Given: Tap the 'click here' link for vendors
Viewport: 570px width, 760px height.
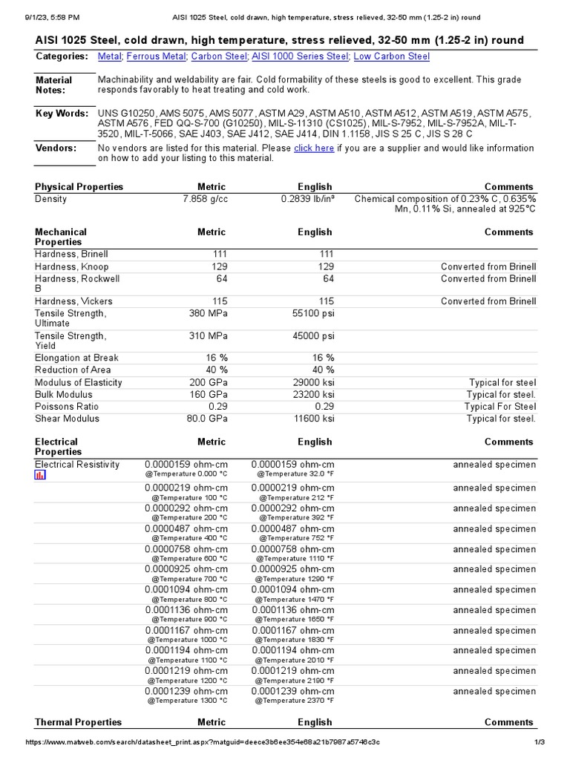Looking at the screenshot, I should click(314, 148).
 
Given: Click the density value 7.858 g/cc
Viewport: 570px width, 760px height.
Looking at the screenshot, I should click(205, 199).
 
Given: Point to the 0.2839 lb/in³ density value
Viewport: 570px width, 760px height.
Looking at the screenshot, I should click(308, 199).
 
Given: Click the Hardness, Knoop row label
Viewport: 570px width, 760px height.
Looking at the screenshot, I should click(72, 266).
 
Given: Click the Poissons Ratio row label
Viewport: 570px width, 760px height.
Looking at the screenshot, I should click(67, 407).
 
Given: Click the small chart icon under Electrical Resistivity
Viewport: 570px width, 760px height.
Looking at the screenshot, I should click(40, 475).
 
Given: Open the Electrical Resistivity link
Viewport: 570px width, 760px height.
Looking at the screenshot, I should click(77, 465).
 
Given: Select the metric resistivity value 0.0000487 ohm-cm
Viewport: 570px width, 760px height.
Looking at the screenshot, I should click(186, 529).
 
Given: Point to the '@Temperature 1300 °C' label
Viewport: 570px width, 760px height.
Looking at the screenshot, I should click(187, 700).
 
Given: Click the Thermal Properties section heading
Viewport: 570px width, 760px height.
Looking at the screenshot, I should click(78, 722).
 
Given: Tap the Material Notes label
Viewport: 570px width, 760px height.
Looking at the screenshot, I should click(54, 85).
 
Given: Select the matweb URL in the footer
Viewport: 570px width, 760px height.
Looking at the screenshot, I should click(203, 742).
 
